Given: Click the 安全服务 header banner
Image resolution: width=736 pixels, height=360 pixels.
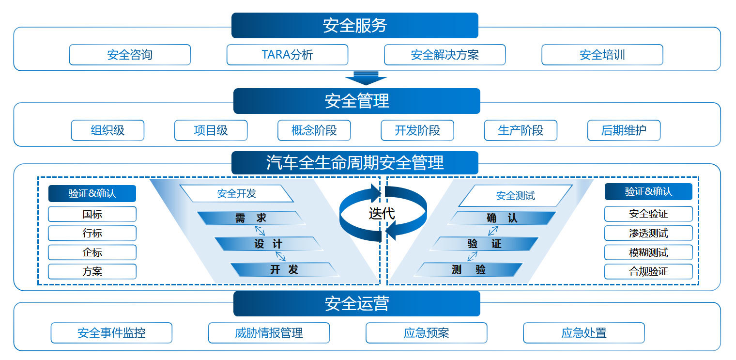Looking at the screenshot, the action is click(x=354, y=25).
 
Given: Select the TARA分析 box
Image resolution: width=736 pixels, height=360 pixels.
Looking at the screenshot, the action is click(x=287, y=55).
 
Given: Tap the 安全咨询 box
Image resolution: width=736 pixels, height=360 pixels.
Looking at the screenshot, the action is click(x=130, y=55).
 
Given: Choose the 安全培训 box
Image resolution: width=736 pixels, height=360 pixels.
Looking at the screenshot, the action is click(x=602, y=55).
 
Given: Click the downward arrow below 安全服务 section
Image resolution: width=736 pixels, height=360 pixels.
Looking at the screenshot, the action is click(x=366, y=78).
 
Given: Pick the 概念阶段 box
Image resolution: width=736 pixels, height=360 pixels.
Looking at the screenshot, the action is click(x=314, y=130).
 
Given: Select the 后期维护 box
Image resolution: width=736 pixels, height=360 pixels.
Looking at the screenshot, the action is click(x=624, y=130).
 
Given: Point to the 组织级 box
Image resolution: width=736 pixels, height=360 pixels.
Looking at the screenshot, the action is click(x=107, y=130).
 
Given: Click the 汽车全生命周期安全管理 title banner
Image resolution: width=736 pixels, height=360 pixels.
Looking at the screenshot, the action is click(x=354, y=162).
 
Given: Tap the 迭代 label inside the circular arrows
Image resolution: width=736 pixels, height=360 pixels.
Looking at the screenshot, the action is click(x=382, y=213).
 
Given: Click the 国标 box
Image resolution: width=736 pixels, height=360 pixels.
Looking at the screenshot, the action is click(x=92, y=214).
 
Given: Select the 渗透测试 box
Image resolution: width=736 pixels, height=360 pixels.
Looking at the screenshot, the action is click(x=648, y=233).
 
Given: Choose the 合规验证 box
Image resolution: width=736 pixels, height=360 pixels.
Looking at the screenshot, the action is click(x=648, y=271).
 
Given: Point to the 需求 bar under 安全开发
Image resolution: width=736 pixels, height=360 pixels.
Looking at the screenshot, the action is click(x=251, y=218).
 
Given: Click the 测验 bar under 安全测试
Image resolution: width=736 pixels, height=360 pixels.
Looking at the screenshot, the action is click(x=468, y=269).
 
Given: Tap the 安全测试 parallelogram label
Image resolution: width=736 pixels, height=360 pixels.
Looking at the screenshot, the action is click(x=515, y=196).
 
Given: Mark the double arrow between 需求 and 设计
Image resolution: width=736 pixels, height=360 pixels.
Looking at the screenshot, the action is click(x=260, y=231).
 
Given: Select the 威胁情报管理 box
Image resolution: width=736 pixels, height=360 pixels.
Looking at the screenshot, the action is click(x=269, y=333).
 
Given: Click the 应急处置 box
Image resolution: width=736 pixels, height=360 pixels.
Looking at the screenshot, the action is click(x=583, y=333).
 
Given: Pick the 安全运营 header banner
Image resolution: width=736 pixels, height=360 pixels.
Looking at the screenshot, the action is click(x=356, y=303).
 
